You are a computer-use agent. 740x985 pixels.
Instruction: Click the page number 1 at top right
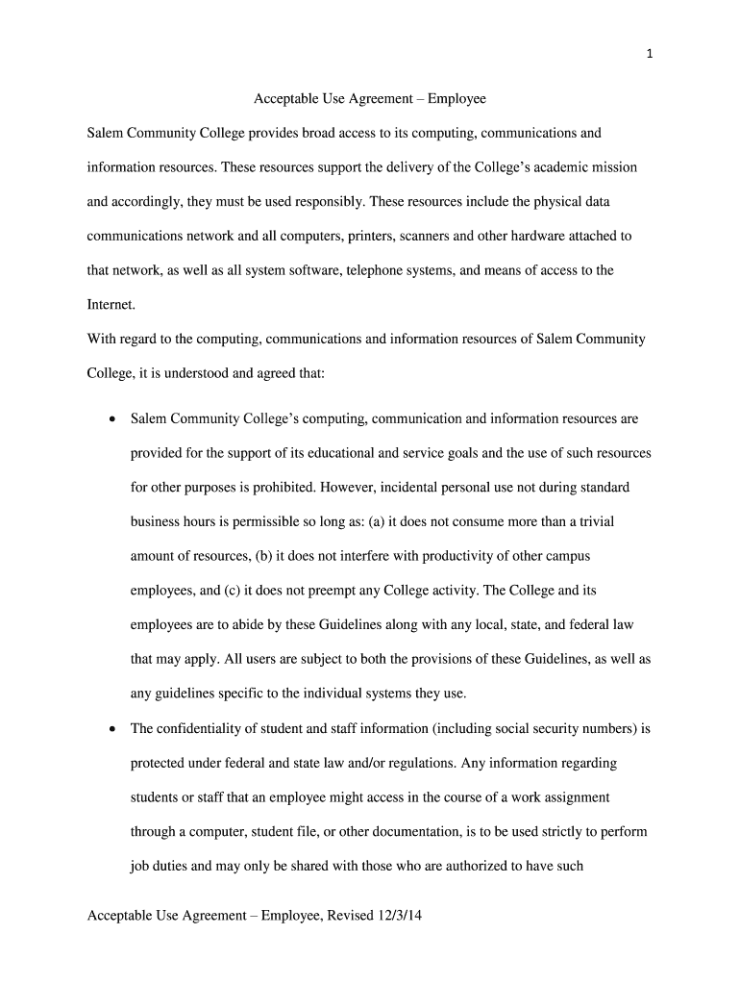coord(651,54)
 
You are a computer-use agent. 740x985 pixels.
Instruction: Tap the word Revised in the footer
coord(350,916)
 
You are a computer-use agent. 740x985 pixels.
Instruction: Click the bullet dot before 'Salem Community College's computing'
coord(112,420)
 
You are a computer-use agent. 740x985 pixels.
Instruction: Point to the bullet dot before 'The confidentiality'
coord(112,730)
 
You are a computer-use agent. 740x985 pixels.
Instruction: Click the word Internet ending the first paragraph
coord(111,304)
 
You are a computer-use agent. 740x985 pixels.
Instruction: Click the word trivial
coord(596,521)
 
